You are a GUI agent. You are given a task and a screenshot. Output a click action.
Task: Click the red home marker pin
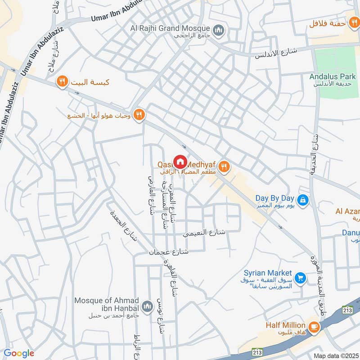pos(180,162)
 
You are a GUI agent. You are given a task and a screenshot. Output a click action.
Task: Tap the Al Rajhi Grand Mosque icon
pos(219,30)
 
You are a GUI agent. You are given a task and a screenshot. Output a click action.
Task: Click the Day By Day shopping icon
pos(303,199)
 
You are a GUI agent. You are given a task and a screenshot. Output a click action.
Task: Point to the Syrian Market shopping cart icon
pos(301,278)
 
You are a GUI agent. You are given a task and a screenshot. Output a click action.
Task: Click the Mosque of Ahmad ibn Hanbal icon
pos(147,306)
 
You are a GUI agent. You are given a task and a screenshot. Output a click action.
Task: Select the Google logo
pos(19,353)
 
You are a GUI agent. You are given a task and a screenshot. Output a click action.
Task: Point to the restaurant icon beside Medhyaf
pos(225,168)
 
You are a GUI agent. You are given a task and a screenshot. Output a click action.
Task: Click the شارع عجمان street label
pos(168,253)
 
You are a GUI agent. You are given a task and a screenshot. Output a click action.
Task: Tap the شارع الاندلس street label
pos(276,53)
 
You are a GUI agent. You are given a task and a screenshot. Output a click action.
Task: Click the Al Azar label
pos(347,211)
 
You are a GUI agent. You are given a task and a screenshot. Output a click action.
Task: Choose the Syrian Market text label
pos(268,273)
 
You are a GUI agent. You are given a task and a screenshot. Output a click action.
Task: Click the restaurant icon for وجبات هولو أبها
pos(139,115)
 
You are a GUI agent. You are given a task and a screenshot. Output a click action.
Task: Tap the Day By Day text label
pos(274,198)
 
